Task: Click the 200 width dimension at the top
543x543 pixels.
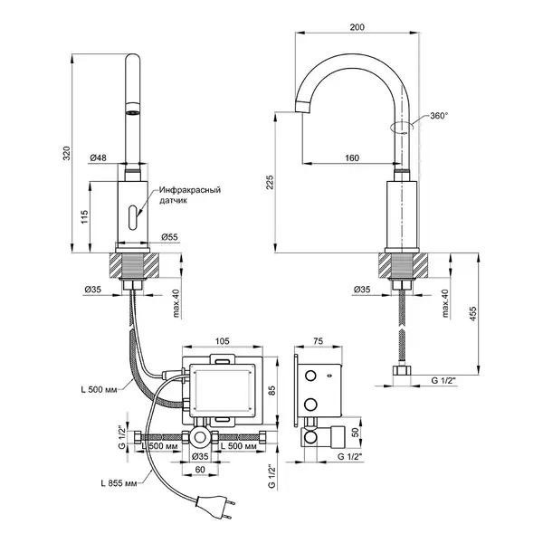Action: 357,27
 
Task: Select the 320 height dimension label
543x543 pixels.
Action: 66,154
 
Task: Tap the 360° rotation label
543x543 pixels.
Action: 439,116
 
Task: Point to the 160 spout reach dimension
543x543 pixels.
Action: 352,157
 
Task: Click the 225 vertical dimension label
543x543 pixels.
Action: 270,183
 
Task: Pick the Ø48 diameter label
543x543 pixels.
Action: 99,157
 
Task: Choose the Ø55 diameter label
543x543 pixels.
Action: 169,237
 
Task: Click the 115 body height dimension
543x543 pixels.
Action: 85,217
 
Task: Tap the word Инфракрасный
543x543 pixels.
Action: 190,190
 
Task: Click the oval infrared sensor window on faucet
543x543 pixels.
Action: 133,217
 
